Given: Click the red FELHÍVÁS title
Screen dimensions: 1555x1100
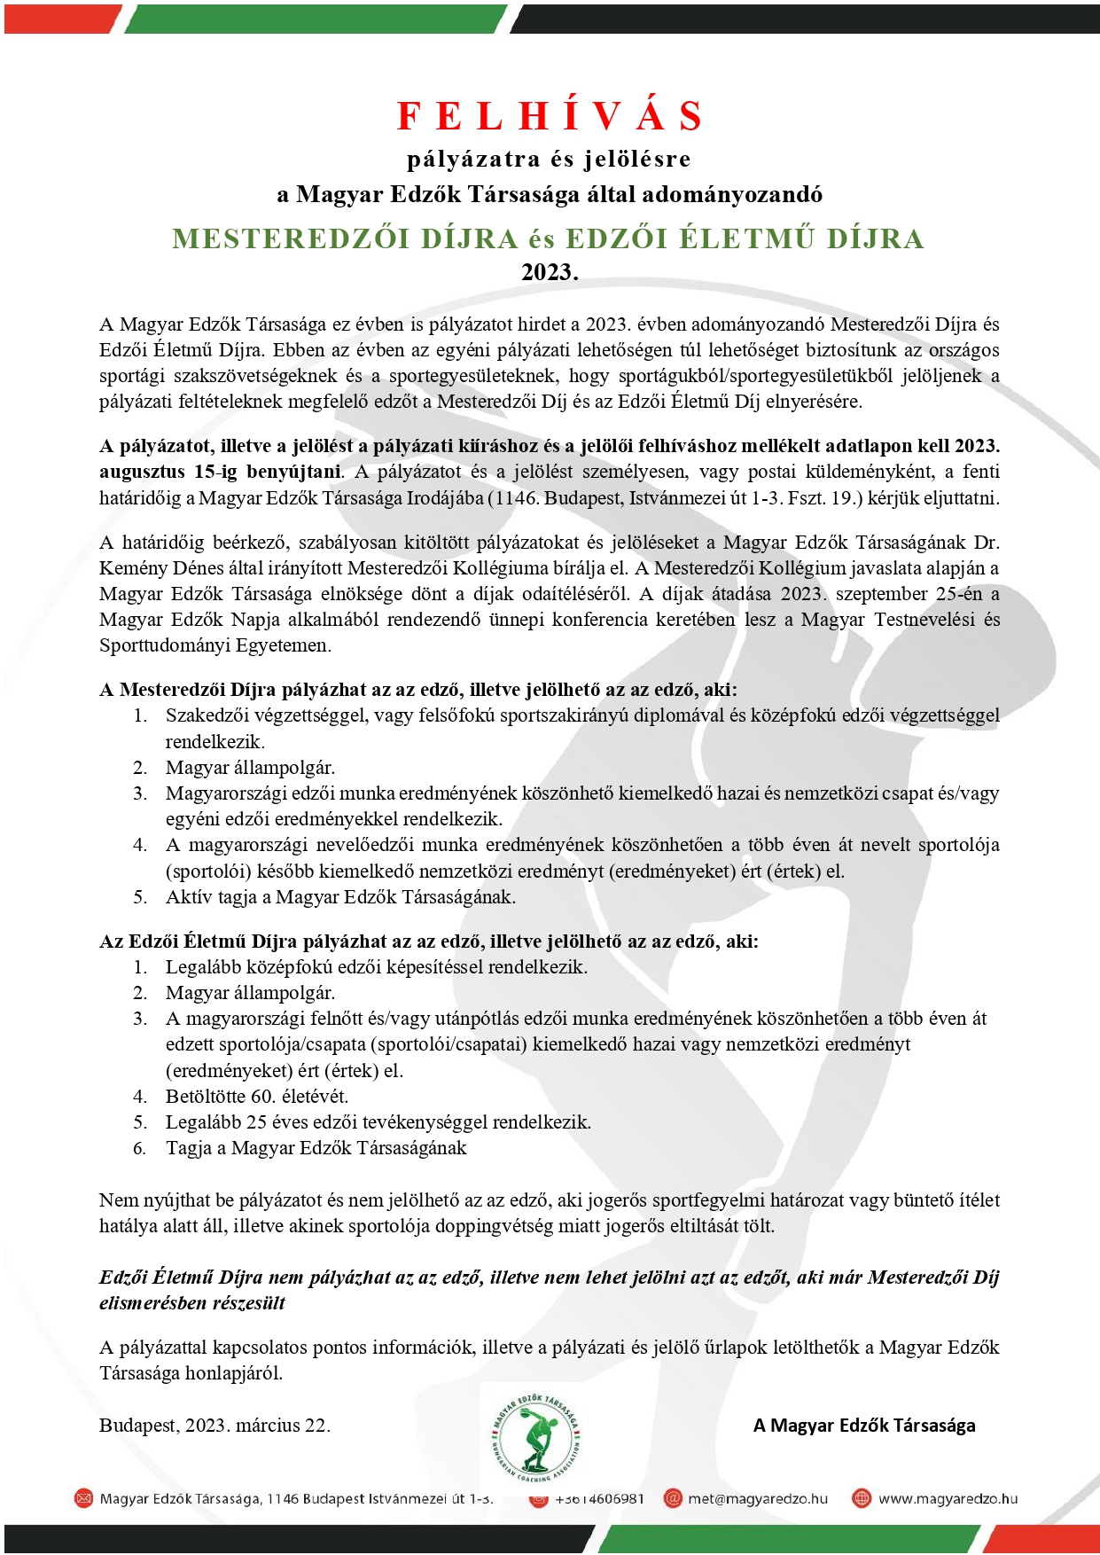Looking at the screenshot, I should [x=550, y=116].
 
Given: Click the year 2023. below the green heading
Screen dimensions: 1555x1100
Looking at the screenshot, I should [x=550, y=272].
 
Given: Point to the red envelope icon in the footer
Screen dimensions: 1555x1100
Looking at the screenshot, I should [x=83, y=1498].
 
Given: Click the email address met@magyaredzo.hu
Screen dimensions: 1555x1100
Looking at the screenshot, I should [x=758, y=1498].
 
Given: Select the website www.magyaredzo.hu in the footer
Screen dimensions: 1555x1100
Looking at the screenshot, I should [x=948, y=1498].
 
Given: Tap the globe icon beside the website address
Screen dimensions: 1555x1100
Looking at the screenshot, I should [x=861, y=1498].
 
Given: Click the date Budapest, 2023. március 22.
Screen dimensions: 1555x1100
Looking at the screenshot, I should [x=215, y=1426].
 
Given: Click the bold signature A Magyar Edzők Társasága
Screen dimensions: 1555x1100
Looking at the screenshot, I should [x=864, y=1426].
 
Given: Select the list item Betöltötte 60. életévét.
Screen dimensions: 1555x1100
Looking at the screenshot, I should [x=257, y=1097].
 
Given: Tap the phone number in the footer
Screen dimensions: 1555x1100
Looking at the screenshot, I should [x=599, y=1498].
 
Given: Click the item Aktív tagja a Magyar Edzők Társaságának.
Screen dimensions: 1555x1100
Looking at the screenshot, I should [x=340, y=897].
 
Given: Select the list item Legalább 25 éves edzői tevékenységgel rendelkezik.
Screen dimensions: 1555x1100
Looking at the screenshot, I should [x=378, y=1122].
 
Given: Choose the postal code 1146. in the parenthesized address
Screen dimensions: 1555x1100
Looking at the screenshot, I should [x=516, y=498].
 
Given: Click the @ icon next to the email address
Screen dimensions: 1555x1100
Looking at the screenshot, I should [x=674, y=1498].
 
